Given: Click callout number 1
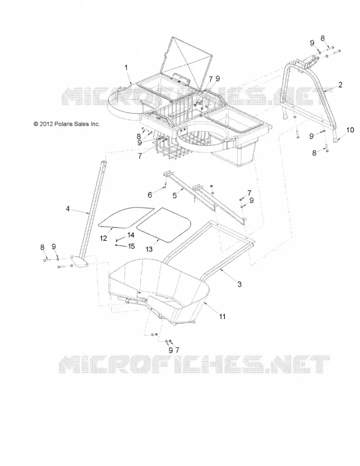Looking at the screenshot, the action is [x=126, y=68].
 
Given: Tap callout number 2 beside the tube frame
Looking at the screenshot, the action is [x=340, y=85].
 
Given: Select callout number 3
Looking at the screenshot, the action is [x=239, y=284].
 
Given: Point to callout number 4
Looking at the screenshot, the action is [x=68, y=209].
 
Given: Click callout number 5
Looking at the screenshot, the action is [x=175, y=195].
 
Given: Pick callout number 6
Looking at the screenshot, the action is [x=150, y=195].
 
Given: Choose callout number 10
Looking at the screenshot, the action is [x=350, y=130].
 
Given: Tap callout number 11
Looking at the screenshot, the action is [x=222, y=317].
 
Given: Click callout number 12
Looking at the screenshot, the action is [x=104, y=238].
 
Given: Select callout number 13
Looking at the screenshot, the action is [x=149, y=249].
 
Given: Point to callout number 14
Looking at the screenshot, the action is [x=131, y=235].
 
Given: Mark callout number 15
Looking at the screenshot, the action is [x=131, y=246].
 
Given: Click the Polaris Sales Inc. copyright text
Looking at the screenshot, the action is [x=66, y=124].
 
